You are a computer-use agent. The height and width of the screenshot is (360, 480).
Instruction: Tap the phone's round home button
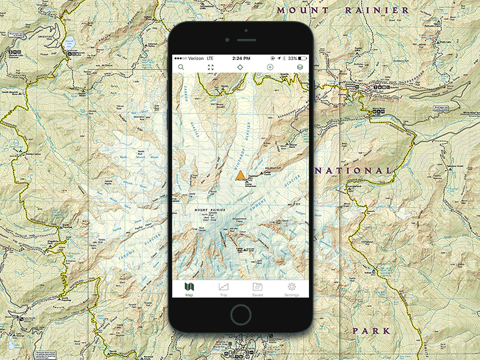pos(241,314)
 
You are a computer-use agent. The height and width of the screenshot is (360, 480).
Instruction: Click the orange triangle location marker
pos(240,176)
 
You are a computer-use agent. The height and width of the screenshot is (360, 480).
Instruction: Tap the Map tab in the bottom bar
pos(189,289)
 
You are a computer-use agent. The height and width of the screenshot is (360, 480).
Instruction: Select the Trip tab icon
pos(223,289)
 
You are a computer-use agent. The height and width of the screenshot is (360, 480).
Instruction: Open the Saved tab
pos(257,289)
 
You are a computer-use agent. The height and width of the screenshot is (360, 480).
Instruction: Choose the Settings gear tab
pos(292,289)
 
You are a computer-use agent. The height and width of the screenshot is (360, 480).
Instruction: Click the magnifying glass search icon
pos(181,67)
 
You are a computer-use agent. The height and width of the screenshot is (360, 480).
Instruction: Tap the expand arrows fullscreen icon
pos(211,67)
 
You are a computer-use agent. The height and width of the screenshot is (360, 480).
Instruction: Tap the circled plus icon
pos(270,67)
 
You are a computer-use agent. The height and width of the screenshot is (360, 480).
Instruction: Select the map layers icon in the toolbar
pos(300,67)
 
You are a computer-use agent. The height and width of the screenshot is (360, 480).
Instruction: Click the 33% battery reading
pos(292,58)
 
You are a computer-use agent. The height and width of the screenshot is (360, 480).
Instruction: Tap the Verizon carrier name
pos(193,58)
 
